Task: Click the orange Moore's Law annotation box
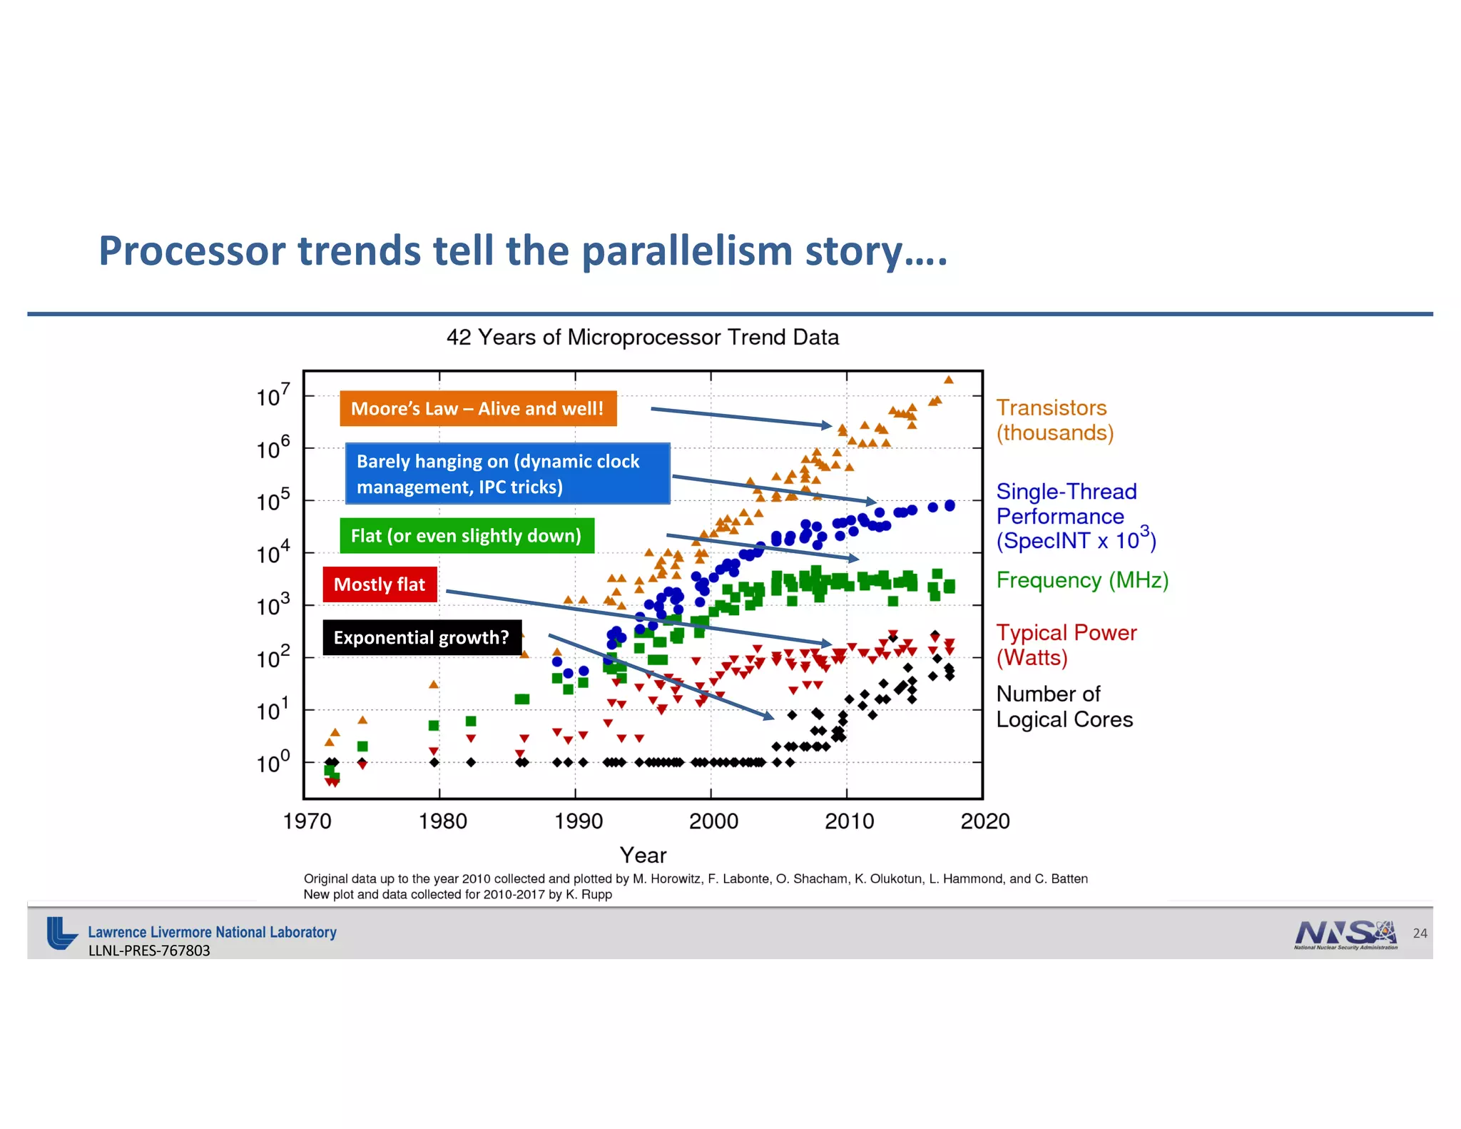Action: [x=478, y=408]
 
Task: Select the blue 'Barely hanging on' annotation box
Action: [x=507, y=474]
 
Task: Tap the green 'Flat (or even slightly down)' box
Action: [x=467, y=535]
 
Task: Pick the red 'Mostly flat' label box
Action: [x=380, y=584]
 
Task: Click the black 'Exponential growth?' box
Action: [x=422, y=637]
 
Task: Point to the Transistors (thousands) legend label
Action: [x=1054, y=420]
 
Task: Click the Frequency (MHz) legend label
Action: [x=1081, y=580]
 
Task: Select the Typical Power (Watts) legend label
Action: [x=1066, y=644]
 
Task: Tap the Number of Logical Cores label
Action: [x=1064, y=707]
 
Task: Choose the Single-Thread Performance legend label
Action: [x=1074, y=516]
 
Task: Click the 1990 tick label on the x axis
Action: [x=579, y=821]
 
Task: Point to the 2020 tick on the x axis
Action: [x=985, y=821]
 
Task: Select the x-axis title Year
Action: [x=643, y=855]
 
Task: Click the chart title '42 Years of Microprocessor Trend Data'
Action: [x=642, y=338]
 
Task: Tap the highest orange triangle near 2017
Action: [x=948, y=380]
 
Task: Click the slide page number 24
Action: [x=1420, y=933]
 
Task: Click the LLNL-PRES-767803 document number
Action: [x=149, y=951]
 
